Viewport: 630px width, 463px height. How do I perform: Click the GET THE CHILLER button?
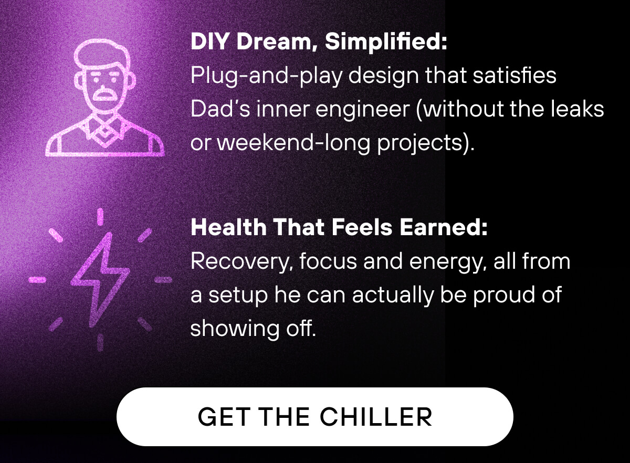[x=314, y=416]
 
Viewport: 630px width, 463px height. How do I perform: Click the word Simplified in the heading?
[x=386, y=42]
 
